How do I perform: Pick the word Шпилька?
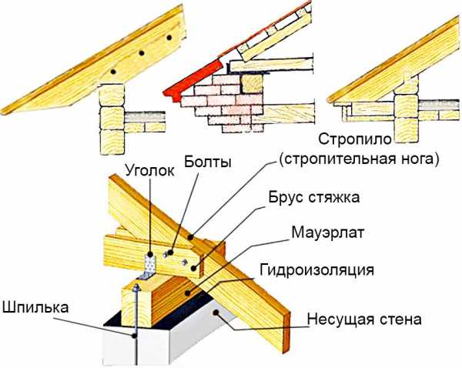(35, 306)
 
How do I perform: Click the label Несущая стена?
(361, 319)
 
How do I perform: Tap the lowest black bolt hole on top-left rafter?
(112, 70)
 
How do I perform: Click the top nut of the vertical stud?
(136, 286)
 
